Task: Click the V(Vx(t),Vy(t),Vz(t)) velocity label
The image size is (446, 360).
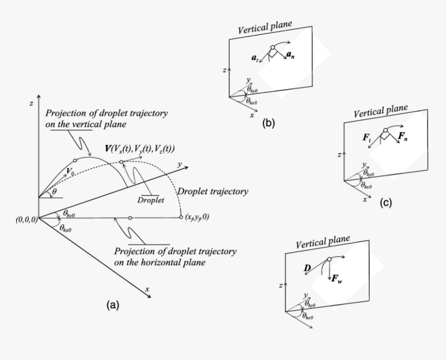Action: point(140,149)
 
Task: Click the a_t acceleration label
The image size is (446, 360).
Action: point(255,59)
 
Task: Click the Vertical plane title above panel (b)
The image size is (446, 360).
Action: point(266,27)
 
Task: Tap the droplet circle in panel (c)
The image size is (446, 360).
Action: point(385,130)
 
